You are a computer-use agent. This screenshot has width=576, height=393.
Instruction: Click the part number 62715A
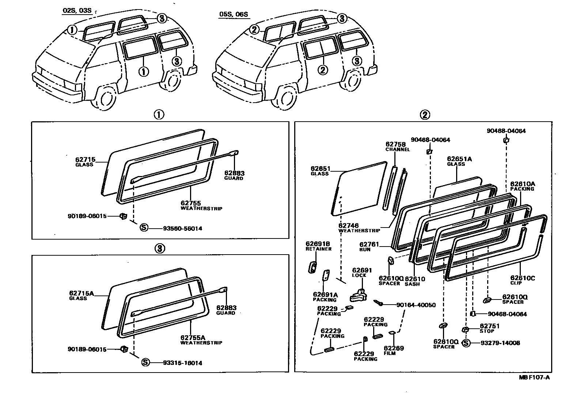(82, 293)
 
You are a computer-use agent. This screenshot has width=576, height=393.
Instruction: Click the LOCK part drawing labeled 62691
(359, 294)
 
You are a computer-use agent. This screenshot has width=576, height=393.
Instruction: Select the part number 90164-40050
(416, 305)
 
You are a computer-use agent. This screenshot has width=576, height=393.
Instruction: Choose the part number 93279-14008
(500, 343)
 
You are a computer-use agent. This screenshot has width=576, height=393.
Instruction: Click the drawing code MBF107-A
(534, 378)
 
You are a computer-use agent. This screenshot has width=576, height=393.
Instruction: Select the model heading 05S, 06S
(234, 15)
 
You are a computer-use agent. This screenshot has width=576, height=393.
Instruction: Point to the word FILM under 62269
(390, 353)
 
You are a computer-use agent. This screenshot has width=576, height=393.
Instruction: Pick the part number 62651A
(459, 159)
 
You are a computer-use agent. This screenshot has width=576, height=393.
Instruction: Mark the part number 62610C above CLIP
(523, 278)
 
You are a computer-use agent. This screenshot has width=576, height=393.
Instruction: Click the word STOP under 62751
(487, 331)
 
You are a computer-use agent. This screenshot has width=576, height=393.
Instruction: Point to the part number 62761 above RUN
(369, 245)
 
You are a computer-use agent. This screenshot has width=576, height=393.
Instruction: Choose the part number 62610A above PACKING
(522, 184)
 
